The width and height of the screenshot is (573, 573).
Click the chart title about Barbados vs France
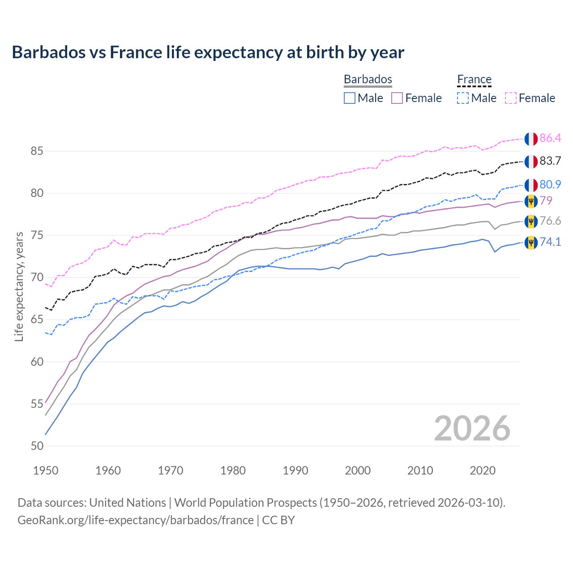(208, 52)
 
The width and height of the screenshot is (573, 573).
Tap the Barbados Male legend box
(350, 98)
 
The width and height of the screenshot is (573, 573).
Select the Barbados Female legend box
(397, 98)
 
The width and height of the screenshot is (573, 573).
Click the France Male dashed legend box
(463, 98)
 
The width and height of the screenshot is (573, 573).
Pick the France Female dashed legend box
(511, 98)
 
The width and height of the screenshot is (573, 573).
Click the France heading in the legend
(474, 79)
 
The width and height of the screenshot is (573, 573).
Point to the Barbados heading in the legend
(368, 79)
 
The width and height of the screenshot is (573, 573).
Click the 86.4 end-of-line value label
(550, 138)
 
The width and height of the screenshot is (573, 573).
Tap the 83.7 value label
(550, 161)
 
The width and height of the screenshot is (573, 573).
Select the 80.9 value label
(550, 184)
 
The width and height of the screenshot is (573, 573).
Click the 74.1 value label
(550, 242)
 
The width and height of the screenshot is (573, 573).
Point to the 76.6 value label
(550, 221)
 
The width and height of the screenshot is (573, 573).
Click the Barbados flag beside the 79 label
(531, 201)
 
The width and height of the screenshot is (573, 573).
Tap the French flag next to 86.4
(531, 139)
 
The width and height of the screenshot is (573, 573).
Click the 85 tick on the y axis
(37, 151)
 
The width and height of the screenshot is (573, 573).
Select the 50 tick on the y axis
(37, 446)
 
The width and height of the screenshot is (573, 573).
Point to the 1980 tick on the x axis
(233, 470)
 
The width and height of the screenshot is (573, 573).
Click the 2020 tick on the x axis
(483, 470)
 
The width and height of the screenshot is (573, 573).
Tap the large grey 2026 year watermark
(472, 428)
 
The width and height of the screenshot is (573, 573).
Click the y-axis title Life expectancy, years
(19, 286)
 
